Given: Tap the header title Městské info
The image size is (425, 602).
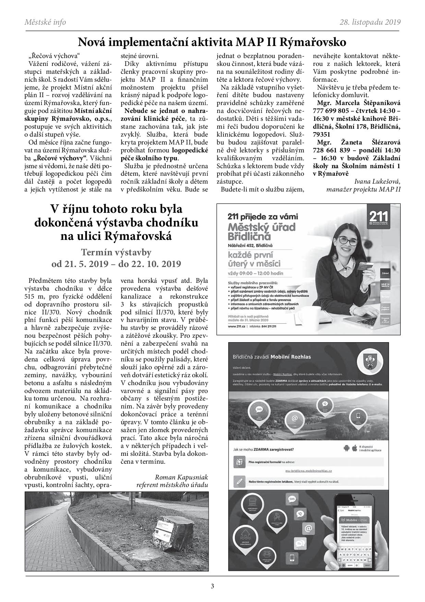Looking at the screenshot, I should (45, 22).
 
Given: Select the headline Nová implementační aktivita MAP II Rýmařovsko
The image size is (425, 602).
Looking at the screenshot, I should (212, 42).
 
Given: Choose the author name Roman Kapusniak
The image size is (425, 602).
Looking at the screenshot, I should (181, 477).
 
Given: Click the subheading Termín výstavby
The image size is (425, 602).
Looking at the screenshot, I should (116, 253).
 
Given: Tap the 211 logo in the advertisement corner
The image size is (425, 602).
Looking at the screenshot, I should (378, 218).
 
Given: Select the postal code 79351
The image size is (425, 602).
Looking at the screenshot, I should (322, 135).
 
